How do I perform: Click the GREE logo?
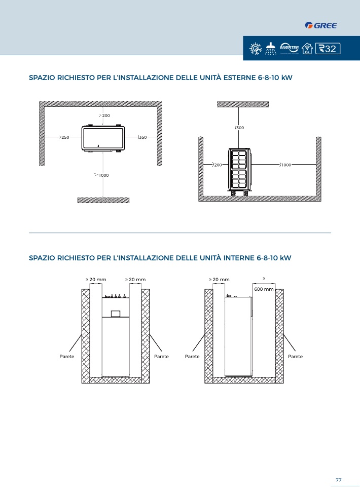321,25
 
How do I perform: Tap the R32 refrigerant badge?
328,48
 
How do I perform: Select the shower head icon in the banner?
271,48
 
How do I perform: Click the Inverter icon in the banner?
289,48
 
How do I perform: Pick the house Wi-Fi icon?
307,48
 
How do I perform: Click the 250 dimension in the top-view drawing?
65,137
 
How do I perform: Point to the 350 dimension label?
142,137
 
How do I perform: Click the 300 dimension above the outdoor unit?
240,128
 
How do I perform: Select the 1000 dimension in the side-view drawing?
285,165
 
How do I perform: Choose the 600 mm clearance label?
264,289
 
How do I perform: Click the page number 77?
339,480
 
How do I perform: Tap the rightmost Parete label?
295,356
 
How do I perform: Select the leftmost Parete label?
67,356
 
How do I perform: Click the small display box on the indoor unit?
116,314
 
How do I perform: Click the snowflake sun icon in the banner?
256,49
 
